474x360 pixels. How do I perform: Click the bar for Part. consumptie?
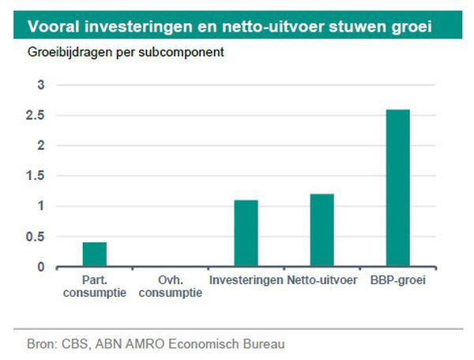tap(95, 254)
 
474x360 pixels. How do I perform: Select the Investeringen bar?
tap(246, 234)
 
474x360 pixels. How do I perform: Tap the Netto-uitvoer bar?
tap(322, 231)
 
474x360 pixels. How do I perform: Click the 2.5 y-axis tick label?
tap(36, 115)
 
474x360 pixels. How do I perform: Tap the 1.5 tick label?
tap(36, 176)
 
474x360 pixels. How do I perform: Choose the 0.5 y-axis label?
tap(36, 237)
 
